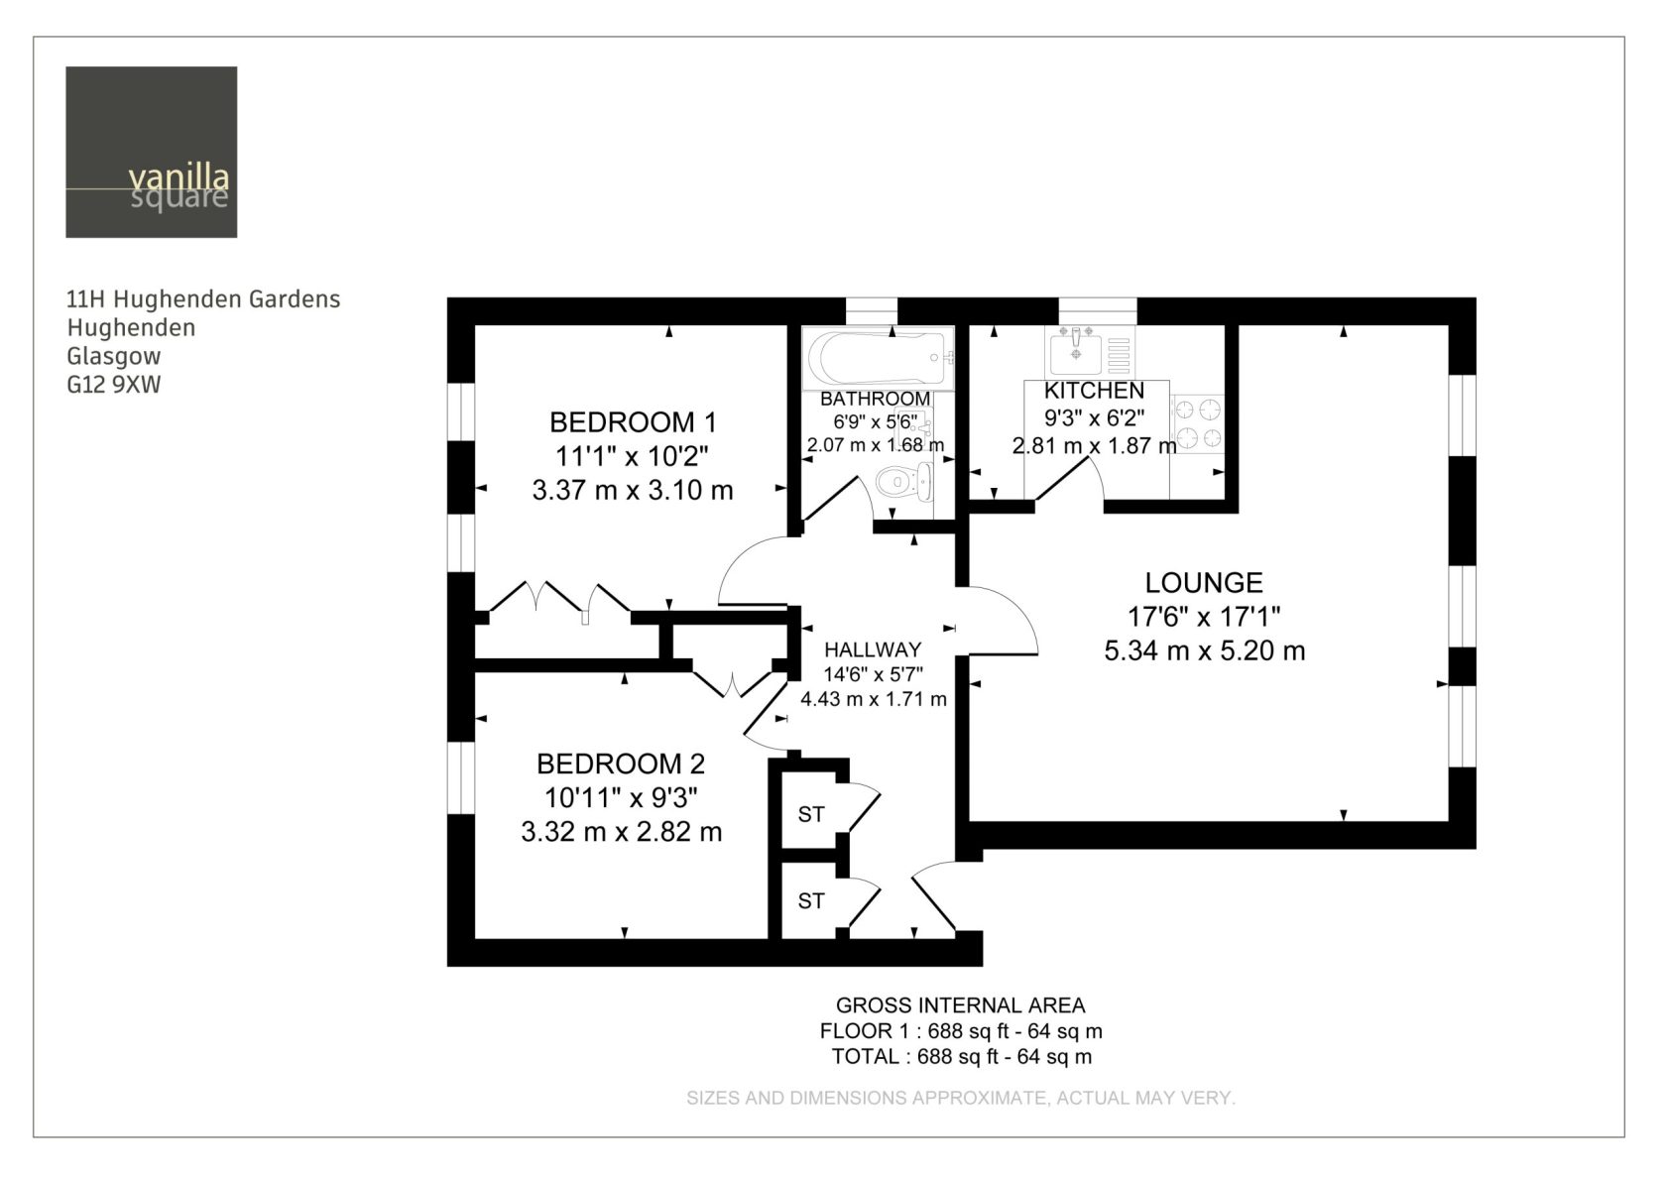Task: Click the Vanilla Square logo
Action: tap(152, 153)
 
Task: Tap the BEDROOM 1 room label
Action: tap(633, 422)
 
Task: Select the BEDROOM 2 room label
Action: tap(621, 764)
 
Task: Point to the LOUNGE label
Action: tap(1204, 582)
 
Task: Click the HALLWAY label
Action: tap(873, 650)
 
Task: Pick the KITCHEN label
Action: tap(1094, 391)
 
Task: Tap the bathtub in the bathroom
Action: tap(879, 358)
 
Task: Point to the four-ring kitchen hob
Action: tap(1198, 423)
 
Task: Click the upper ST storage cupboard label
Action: tap(811, 815)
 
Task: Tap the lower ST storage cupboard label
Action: tap(811, 902)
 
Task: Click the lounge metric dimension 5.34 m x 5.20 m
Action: tap(1205, 650)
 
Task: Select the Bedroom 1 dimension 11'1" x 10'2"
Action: tap(633, 456)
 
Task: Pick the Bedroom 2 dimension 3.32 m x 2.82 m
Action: tap(622, 831)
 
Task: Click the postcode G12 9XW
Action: tap(114, 385)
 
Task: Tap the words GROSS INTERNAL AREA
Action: tap(961, 1005)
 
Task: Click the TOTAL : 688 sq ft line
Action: tap(962, 1057)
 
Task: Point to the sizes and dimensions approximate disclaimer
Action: tap(961, 1098)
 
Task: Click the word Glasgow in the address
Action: tap(114, 356)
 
